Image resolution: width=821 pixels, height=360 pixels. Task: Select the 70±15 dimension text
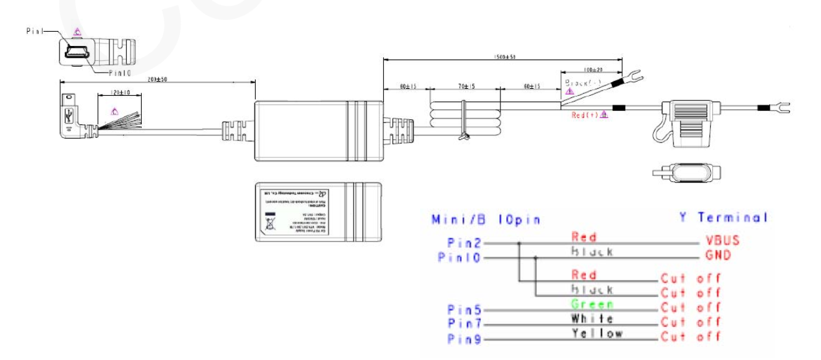click(x=464, y=85)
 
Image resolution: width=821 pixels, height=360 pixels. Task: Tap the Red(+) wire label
click(x=585, y=115)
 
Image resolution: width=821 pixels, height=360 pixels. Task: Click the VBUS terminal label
click(x=723, y=240)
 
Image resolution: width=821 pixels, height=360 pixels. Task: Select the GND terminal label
click(x=718, y=255)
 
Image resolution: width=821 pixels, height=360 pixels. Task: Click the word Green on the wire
click(x=591, y=304)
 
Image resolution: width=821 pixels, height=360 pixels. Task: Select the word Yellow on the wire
click(x=597, y=333)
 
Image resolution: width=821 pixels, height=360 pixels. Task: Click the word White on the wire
click(x=592, y=319)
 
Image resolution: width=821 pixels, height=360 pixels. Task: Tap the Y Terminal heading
click(x=723, y=218)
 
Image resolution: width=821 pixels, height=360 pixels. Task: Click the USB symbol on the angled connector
click(x=68, y=117)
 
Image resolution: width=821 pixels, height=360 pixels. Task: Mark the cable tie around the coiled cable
click(x=463, y=123)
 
